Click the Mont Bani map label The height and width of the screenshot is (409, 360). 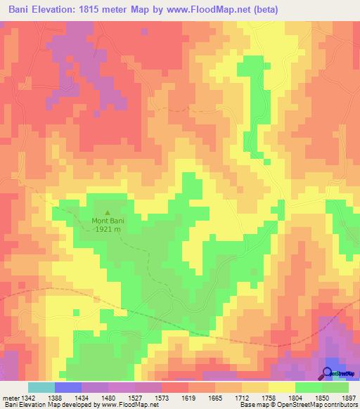(108, 221)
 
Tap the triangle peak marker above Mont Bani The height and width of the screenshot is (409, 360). (108, 212)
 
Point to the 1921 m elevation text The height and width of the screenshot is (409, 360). (108, 229)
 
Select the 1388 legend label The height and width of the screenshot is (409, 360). (63, 398)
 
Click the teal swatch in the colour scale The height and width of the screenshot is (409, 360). (41, 387)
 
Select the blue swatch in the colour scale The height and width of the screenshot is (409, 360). (68, 387)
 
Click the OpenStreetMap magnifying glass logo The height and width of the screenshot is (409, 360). (329, 373)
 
